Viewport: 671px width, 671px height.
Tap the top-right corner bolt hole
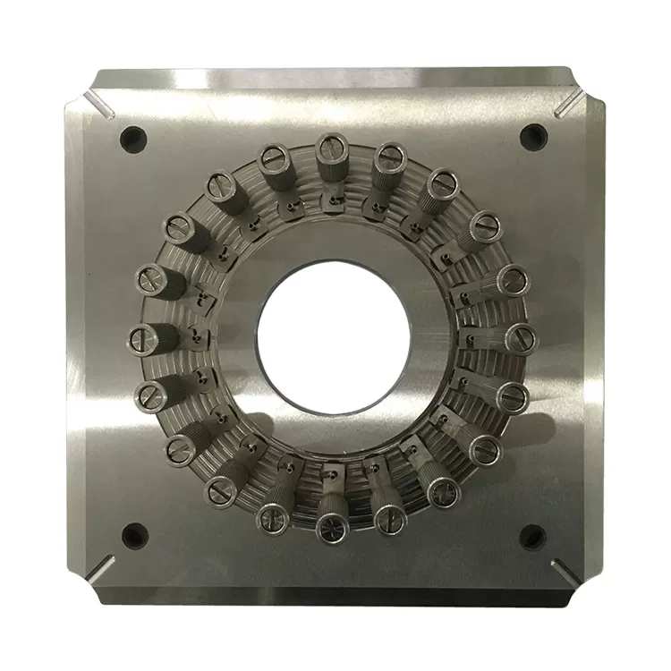533,135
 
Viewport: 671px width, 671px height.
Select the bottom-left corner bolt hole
134,535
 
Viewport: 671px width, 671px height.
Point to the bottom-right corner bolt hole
532,537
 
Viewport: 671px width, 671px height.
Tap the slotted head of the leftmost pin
144,338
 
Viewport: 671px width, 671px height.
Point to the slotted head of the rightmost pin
522,337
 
